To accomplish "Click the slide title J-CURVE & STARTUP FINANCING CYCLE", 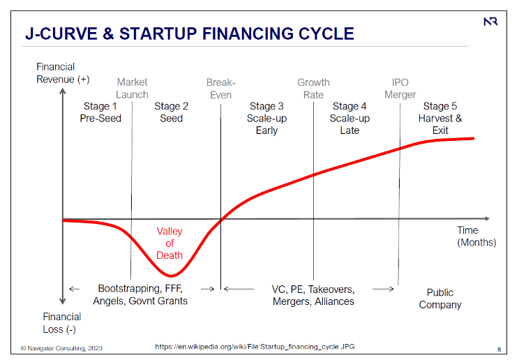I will pos(189,33).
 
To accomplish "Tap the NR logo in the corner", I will pos(490,22).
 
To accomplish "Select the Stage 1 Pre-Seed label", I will pos(100,112).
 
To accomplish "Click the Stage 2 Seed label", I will pos(171,112).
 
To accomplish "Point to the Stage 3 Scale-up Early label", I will pos(266,118).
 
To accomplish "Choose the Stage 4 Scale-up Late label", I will pos(349,118).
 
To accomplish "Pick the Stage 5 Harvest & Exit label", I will pos(440,118).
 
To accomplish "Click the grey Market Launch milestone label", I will pos(132,89).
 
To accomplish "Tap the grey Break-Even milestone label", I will pos(220,89).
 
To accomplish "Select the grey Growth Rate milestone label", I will pos(313,89).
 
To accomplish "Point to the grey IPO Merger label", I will pos(400,89).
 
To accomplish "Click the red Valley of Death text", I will pos(170,243).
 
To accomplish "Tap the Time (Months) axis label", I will pos(476,237).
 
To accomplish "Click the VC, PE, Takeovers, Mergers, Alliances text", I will pos(313,295).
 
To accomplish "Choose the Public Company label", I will pos(440,299).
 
